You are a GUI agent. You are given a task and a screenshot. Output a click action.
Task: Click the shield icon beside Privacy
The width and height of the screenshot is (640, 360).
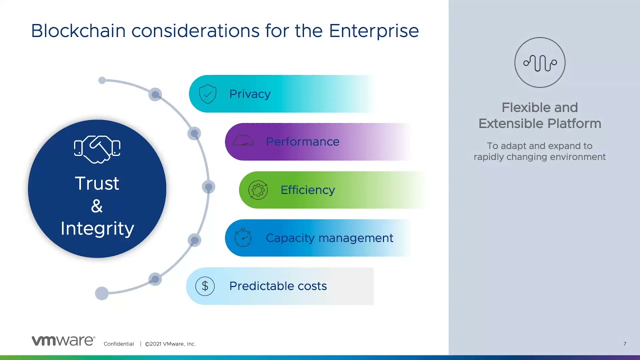[x=207, y=93]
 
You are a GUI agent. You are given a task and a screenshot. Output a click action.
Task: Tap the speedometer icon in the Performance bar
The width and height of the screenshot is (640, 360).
[x=243, y=140]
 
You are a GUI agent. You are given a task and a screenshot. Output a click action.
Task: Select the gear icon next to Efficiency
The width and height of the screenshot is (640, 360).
[x=257, y=190]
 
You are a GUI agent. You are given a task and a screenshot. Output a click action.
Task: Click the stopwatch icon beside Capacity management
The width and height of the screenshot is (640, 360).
[x=242, y=237]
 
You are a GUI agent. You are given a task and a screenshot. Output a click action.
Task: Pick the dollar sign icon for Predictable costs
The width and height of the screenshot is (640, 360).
[x=205, y=286]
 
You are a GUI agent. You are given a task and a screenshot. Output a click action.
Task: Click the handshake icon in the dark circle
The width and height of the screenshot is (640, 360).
[x=97, y=149]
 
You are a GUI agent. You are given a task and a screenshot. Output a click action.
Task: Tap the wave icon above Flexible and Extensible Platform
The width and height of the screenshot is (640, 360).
[x=539, y=62]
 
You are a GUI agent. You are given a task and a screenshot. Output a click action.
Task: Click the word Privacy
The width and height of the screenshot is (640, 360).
[x=249, y=94]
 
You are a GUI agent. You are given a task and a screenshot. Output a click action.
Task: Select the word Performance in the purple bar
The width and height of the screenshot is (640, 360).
[x=302, y=141]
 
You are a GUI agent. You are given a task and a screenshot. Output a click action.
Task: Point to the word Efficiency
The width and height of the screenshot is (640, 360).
[x=307, y=190]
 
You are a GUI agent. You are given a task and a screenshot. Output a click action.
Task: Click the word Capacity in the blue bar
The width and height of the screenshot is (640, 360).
[x=290, y=238]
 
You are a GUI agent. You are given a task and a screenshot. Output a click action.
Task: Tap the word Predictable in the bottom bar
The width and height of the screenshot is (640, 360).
[x=261, y=286]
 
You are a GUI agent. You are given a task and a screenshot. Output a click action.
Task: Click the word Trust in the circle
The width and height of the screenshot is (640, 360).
[x=97, y=183]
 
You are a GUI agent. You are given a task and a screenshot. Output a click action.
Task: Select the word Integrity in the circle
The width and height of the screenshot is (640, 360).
[x=97, y=228]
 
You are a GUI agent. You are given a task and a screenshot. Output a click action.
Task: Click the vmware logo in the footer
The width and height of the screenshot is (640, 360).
[x=63, y=340]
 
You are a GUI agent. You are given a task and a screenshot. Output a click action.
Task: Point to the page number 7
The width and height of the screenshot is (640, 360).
[x=625, y=343]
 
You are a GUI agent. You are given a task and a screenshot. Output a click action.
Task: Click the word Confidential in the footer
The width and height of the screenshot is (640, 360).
[x=118, y=343]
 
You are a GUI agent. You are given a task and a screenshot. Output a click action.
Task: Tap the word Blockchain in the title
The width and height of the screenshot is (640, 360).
[x=78, y=30]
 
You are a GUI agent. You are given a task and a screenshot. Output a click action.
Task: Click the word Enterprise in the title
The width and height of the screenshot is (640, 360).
[x=374, y=31]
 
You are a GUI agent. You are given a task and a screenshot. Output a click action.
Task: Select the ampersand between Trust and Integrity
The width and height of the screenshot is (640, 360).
[x=97, y=206]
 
